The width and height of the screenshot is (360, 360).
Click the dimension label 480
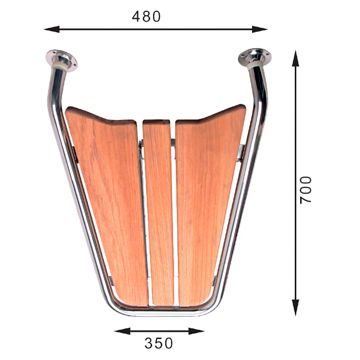point(146,16)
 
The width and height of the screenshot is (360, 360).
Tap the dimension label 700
point(306,189)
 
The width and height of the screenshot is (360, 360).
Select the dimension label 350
point(158,343)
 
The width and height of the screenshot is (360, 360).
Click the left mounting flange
point(61,60)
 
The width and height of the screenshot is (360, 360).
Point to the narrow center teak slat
point(158,211)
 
